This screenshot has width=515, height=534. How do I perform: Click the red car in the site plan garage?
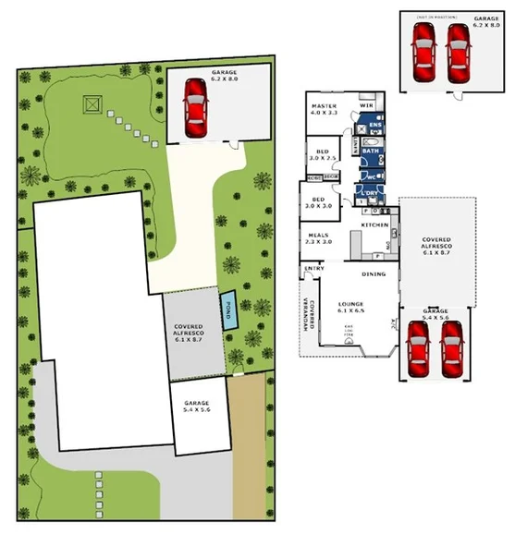point(195,108)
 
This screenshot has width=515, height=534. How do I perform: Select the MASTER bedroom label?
point(325,109)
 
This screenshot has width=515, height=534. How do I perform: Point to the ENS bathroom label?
point(374,123)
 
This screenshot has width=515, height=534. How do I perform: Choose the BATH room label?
point(369,151)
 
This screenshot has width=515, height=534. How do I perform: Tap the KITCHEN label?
point(374,225)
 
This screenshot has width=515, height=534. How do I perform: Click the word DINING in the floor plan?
point(373,274)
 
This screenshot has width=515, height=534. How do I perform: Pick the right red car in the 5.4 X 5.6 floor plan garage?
point(450,350)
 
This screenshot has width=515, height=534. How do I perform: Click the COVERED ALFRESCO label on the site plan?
point(194,334)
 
